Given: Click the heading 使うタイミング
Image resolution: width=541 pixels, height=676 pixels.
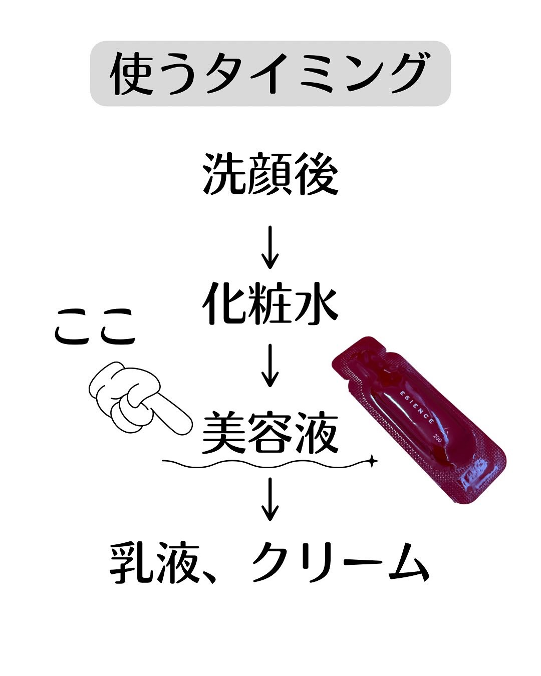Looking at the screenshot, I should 270,74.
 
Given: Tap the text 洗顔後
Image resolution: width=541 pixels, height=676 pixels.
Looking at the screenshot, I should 270,175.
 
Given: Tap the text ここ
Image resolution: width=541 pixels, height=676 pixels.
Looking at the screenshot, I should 95,327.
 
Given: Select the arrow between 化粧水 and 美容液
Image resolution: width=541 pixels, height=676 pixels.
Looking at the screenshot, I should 270,366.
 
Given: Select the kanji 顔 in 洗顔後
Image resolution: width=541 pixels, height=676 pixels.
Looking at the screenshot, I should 270,175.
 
